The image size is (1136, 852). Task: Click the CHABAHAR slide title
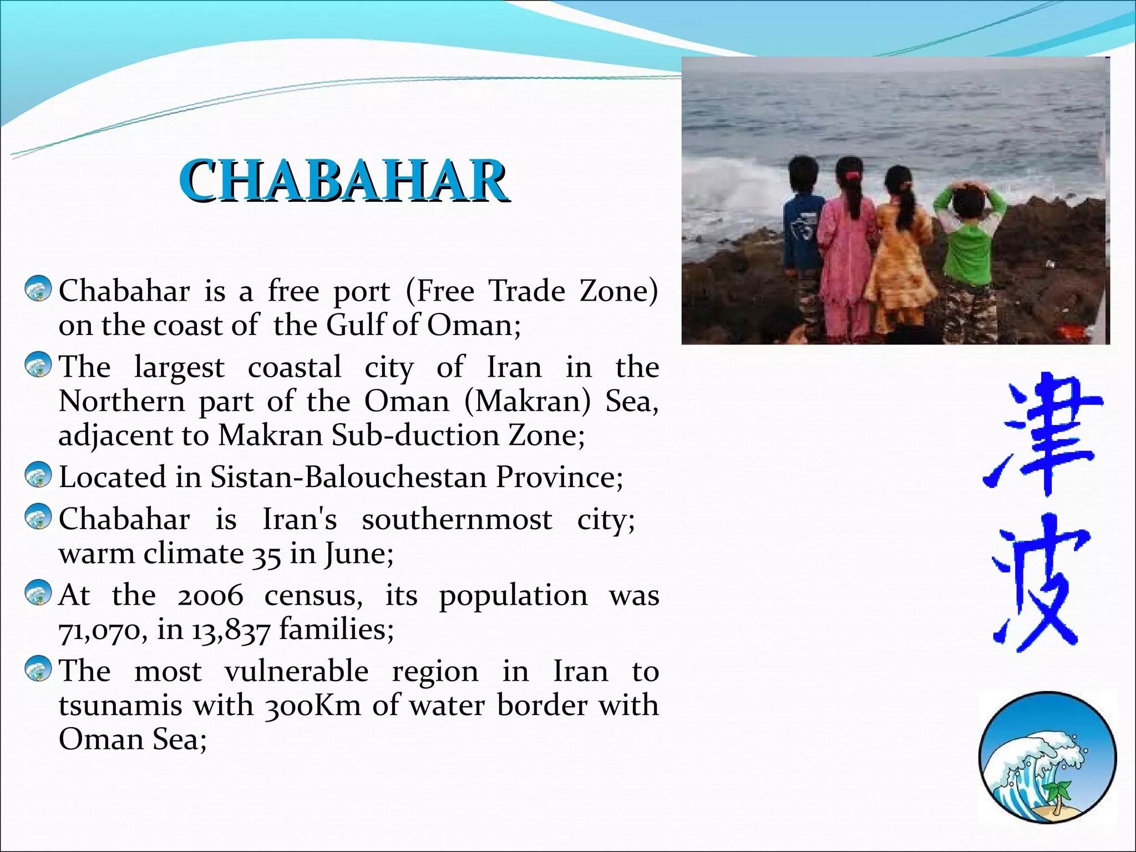[x=342, y=180]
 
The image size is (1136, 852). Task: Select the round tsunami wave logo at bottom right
[x=1047, y=757]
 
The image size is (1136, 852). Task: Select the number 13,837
[x=231, y=630]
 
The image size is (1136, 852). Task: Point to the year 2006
[x=210, y=596]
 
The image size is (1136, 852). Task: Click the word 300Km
[x=313, y=706]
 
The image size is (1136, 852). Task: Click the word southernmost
[x=457, y=520]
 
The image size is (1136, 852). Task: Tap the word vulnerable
[x=296, y=671]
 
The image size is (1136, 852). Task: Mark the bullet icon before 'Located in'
[x=38, y=475]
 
